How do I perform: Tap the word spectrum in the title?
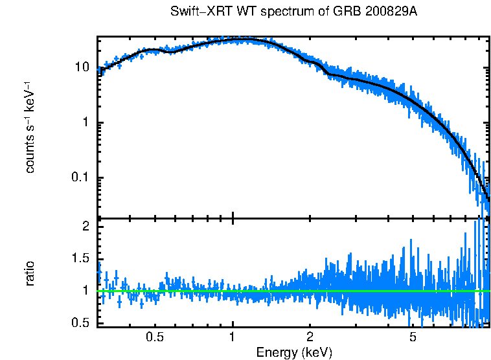(267, 12)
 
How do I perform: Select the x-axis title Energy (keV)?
(294, 352)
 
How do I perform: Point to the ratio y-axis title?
(30, 273)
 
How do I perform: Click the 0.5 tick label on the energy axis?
(154, 337)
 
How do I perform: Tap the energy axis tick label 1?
(233, 337)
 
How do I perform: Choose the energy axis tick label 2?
(310, 337)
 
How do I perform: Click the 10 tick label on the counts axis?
(83, 67)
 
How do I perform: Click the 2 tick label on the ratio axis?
(86, 227)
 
